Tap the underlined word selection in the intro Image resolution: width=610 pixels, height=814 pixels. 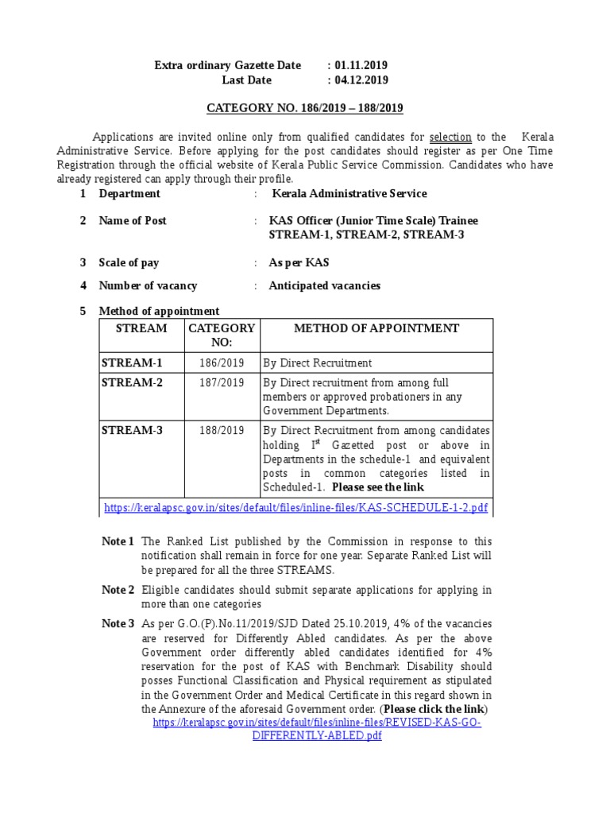coord(450,137)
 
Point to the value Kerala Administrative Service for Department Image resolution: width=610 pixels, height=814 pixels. coord(349,193)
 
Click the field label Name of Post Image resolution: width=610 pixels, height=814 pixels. coord(133,220)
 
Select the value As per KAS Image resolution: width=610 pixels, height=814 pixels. coord(299,262)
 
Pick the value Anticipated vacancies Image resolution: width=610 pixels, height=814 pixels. coord(325,285)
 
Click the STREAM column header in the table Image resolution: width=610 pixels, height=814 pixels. coord(141,328)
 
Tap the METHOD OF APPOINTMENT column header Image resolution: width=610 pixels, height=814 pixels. coord(376,328)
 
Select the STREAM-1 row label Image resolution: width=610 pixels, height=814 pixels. coord(132,362)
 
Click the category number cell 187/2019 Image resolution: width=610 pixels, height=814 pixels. coord(222,383)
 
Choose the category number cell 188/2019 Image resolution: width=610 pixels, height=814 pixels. coord(222,431)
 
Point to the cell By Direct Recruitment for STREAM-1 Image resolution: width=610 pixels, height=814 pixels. coord(318,363)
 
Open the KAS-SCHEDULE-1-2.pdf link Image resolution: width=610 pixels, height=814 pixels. coord(296,507)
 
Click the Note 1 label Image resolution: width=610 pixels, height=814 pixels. coord(118,542)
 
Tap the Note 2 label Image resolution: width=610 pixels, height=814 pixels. coord(118,590)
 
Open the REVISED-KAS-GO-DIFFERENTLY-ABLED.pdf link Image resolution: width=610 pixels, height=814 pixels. coord(317,729)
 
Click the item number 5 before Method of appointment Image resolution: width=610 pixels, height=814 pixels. coord(83,311)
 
